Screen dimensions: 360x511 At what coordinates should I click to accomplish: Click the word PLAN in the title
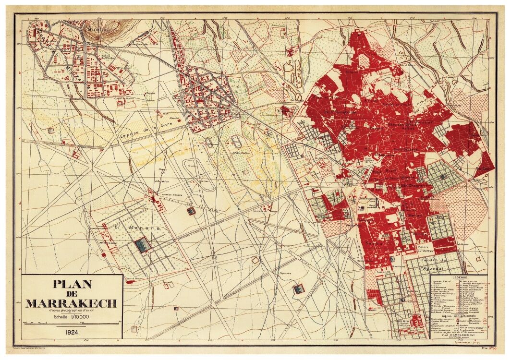tap(72, 284)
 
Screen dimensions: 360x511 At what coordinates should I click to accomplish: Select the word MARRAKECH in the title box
tap(71, 303)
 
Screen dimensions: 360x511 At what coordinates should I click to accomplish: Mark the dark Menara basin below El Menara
tap(143, 245)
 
